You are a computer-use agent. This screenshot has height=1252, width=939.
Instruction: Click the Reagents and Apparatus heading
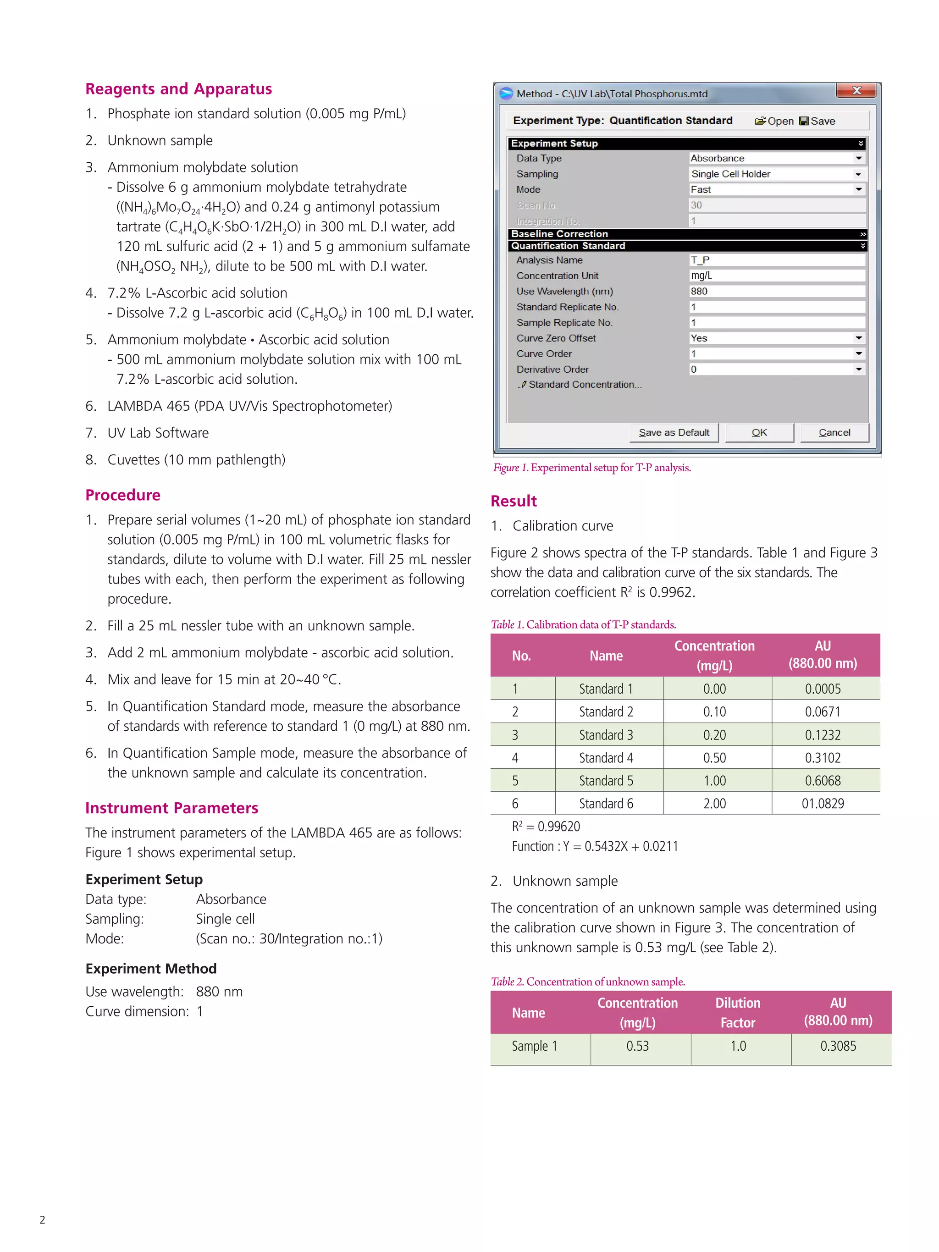coord(178,89)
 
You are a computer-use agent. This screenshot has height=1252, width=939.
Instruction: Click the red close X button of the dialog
coord(856,91)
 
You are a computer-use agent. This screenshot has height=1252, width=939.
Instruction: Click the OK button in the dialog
coord(758,432)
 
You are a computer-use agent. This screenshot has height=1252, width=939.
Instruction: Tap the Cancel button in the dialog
coord(834,432)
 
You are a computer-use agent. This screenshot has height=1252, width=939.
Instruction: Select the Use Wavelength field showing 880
coord(776,291)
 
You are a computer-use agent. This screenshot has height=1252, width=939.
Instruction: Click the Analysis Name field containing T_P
coord(776,260)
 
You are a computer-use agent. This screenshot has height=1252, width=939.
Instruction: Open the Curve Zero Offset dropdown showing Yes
coord(858,338)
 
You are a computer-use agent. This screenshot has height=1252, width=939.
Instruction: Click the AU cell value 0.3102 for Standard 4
coord(823,757)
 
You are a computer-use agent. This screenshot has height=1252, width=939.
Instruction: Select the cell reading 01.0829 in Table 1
coord(823,803)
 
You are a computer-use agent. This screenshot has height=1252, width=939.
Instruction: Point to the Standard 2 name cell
coord(606,711)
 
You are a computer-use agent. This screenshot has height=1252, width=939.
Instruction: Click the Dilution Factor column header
coord(738,1012)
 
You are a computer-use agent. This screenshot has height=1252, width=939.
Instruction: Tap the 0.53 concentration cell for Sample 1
coord(637,1046)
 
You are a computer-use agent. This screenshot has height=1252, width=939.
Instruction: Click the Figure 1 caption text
coord(591,468)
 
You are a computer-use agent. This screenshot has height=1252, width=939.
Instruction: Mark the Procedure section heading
coord(123,495)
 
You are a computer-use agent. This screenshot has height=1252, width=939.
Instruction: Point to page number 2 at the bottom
coord(43,1220)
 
